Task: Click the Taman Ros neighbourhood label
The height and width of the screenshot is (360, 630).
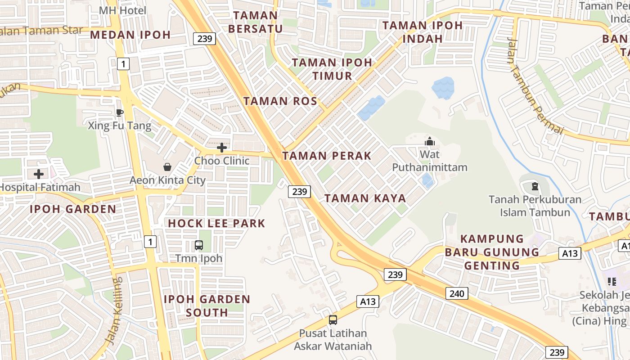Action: (x=280, y=101)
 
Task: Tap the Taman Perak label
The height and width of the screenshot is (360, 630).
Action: (x=327, y=156)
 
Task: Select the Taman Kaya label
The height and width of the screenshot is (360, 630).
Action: (x=365, y=198)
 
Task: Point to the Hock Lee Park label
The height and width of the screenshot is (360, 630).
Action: (x=216, y=223)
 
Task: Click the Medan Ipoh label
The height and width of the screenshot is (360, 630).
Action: (x=130, y=35)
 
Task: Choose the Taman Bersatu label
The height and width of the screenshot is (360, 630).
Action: (x=255, y=22)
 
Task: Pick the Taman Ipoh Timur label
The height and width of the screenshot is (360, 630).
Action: (x=332, y=69)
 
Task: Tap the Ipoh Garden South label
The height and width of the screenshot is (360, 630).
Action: (x=207, y=306)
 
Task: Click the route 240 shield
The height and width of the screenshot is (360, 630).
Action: (x=457, y=294)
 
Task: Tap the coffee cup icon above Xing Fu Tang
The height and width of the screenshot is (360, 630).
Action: (x=119, y=112)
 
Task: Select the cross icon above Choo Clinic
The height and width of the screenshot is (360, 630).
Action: (x=221, y=148)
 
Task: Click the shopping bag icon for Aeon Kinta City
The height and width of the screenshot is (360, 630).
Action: (x=167, y=167)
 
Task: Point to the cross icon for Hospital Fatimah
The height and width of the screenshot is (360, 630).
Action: (x=39, y=174)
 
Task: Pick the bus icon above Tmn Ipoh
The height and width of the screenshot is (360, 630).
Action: (x=198, y=245)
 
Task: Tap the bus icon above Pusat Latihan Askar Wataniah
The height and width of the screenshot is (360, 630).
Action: (x=333, y=320)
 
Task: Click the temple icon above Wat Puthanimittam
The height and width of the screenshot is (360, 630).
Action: (x=430, y=142)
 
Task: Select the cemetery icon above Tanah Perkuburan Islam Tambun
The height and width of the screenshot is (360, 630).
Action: (x=535, y=186)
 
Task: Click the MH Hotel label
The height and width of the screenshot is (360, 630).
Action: (x=122, y=10)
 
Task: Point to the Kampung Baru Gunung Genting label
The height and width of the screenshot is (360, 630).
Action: (x=492, y=252)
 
